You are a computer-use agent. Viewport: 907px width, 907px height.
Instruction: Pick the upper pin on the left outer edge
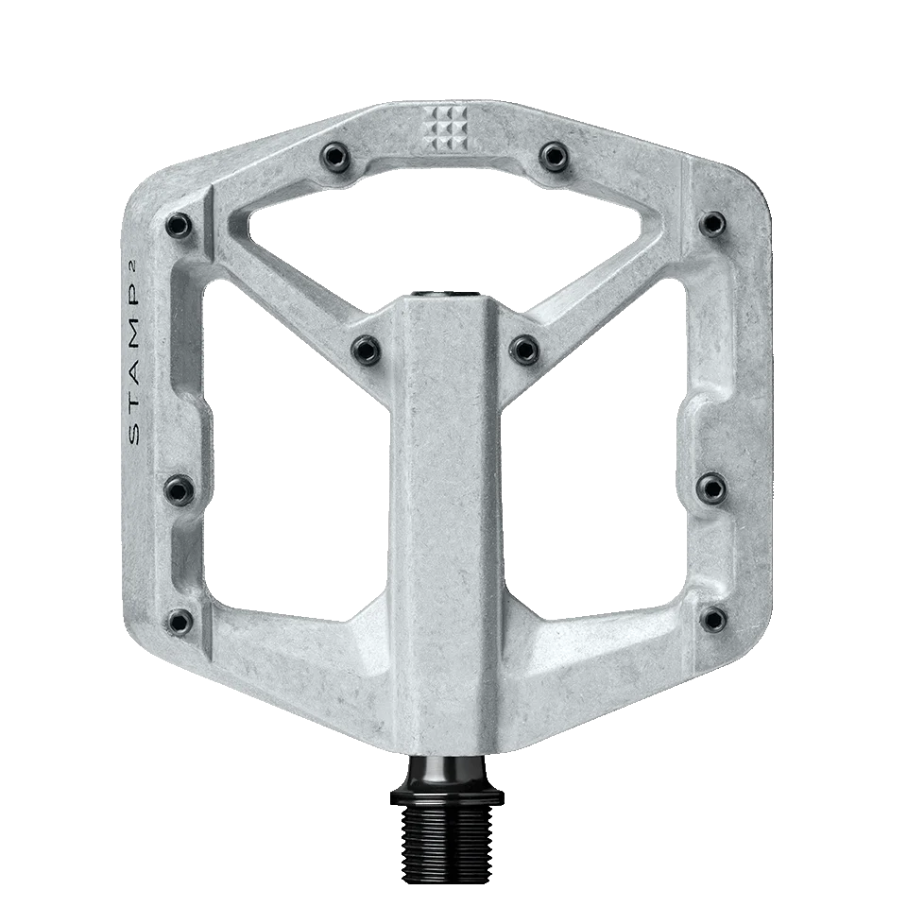click(x=178, y=224)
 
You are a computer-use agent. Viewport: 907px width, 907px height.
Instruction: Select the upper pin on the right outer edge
click(x=713, y=224)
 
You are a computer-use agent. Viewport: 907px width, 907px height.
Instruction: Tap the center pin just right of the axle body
click(x=524, y=347)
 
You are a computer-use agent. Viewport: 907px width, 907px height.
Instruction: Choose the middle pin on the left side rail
click(x=179, y=488)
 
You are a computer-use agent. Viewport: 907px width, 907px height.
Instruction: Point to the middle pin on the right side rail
click(x=712, y=488)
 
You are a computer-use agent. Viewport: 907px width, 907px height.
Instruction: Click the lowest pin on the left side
click(x=179, y=620)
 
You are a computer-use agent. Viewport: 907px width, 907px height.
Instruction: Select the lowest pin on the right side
click(x=713, y=620)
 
